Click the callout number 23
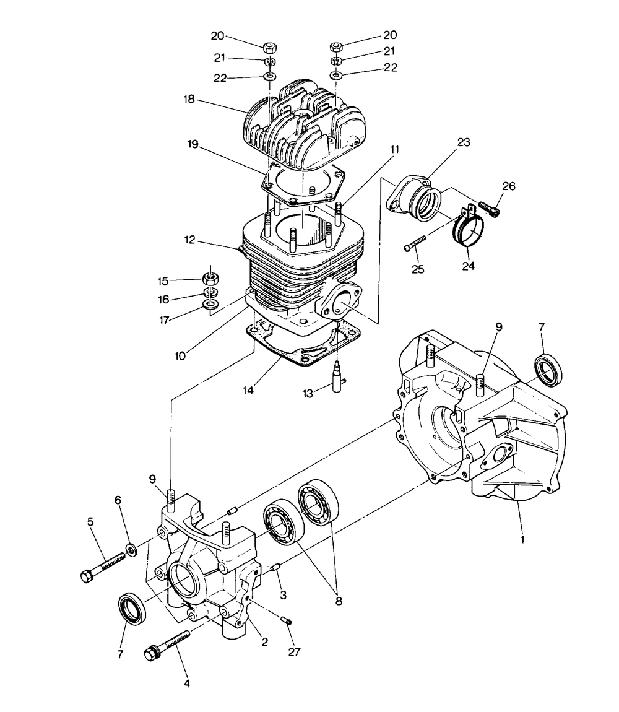coord(464,142)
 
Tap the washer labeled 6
coord(131,549)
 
